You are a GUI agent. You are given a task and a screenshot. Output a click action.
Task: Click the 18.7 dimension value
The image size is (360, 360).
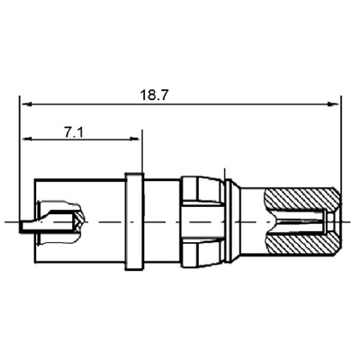pyautogui.click(x=155, y=94)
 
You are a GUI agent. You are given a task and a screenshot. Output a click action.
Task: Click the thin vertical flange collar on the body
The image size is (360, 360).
pyautogui.click(x=133, y=220)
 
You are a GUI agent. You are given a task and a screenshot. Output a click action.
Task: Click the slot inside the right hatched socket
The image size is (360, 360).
pyautogui.click(x=301, y=220)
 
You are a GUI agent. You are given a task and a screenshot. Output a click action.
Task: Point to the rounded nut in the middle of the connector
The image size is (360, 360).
pyautogui.click(x=202, y=220)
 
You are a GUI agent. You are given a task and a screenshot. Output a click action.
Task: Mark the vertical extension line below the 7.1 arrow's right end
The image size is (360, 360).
pyautogui.click(x=142, y=155)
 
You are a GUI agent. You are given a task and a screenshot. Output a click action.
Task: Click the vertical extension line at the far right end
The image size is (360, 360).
pyautogui.click(x=340, y=144)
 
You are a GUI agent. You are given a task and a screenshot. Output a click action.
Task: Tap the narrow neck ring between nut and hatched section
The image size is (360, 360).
pyautogui.click(x=231, y=220)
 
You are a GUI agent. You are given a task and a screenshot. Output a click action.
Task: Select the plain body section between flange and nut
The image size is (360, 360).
pyautogui.click(x=162, y=220)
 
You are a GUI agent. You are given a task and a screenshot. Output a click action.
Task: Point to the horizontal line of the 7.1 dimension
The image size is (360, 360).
pyautogui.click(x=81, y=139)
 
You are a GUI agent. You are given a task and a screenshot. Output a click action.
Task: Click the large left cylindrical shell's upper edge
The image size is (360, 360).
pyautogui.click(x=76, y=180)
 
